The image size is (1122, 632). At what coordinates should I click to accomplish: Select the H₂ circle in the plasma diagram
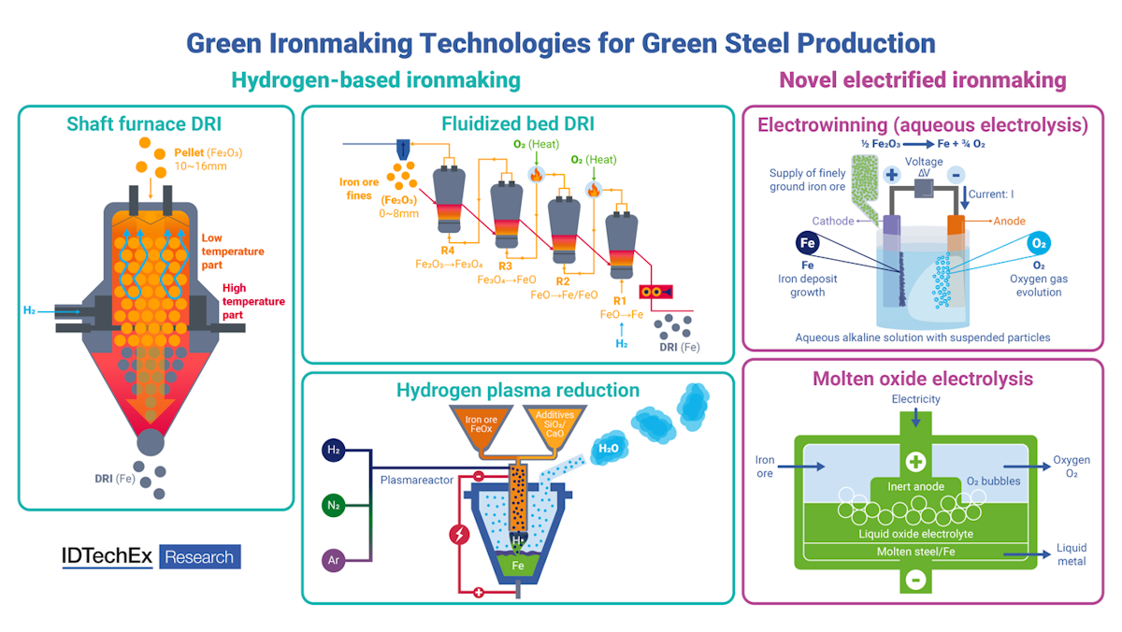coord(334,451)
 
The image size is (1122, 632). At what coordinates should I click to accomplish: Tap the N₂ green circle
coord(334,506)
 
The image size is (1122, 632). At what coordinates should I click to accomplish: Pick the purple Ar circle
coord(334,561)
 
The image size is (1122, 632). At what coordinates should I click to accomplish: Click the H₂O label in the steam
coord(608,449)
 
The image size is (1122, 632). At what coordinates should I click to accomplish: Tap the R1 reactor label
coord(619,301)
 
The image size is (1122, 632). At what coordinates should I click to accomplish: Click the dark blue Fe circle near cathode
coord(809,243)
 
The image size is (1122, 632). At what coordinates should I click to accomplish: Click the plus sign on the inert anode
coord(915,462)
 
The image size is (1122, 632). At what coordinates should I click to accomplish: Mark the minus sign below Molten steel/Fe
coord(915,581)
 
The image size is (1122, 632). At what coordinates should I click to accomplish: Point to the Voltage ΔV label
coord(924,166)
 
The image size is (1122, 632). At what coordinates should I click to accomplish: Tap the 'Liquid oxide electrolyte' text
coord(915,532)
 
